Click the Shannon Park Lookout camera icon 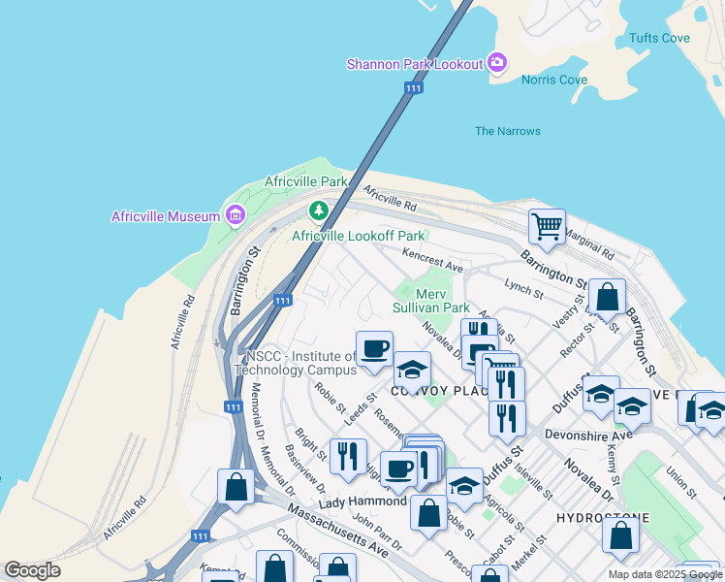[497, 63]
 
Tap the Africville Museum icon [235, 215]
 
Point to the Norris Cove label [554, 80]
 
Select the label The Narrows [508, 131]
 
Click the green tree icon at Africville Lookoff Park [318, 210]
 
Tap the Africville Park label [306, 181]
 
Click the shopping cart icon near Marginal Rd [547, 226]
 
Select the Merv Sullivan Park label [443, 301]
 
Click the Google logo [32, 570]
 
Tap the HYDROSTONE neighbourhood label [596, 519]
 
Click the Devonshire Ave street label [588, 436]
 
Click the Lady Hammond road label [362, 501]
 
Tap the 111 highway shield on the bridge [414, 88]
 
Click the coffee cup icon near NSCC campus [374, 347]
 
